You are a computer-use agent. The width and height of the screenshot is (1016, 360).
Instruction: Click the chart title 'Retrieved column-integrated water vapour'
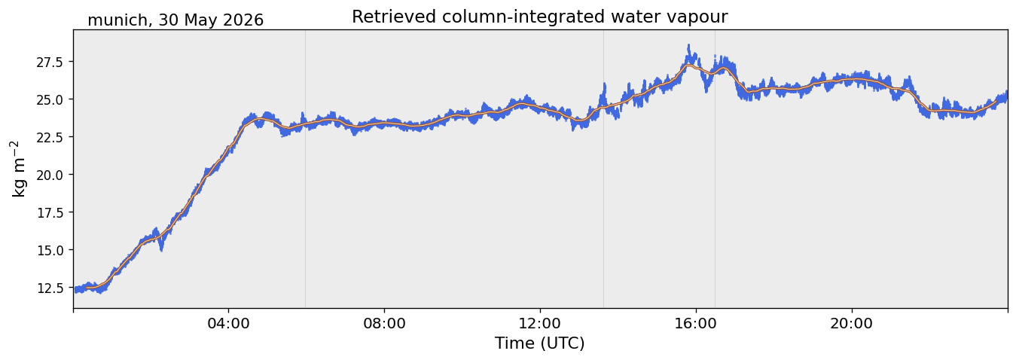point(540,17)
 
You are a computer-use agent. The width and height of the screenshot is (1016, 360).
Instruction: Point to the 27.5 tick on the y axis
point(50,62)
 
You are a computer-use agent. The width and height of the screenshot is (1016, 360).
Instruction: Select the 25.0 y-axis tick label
point(50,99)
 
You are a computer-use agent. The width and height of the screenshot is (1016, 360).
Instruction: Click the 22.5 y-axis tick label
point(50,137)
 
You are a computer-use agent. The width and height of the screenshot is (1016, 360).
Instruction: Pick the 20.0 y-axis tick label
point(50,175)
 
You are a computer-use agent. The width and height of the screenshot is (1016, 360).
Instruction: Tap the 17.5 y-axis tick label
point(50,212)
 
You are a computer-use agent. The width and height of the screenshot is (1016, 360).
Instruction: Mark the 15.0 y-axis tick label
point(50,250)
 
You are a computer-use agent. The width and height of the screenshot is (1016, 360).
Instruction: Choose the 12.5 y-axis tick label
point(50,288)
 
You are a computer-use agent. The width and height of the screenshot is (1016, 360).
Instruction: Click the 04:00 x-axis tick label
point(229,324)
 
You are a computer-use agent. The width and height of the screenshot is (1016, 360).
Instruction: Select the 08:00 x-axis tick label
point(385,324)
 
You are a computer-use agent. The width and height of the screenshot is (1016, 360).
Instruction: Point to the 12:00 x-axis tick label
point(540,324)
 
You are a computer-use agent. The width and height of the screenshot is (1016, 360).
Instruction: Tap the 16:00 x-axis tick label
point(696,324)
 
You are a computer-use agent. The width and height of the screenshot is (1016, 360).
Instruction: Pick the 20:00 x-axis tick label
point(852,324)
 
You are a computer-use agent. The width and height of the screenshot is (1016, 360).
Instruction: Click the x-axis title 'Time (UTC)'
point(540,343)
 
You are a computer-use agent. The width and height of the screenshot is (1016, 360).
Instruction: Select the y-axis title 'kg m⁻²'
point(18,169)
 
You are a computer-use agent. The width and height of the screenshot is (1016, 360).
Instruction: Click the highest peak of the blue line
point(688,45)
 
